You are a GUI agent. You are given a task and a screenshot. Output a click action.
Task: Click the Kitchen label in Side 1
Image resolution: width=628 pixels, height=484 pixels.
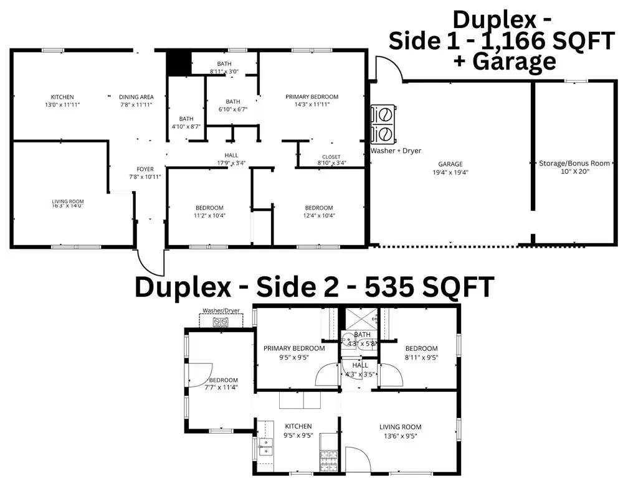click(x=62, y=101)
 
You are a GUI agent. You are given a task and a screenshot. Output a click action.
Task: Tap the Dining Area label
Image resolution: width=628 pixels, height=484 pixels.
click(x=136, y=101)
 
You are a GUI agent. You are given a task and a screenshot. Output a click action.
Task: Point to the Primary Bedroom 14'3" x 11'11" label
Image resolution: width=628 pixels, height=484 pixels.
click(x=312, y=101)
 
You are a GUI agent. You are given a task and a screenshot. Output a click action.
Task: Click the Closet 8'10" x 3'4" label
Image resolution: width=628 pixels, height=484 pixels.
click(x=331, y=160)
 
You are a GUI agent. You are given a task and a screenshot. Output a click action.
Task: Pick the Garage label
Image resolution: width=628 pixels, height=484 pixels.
click(x=450, y=168)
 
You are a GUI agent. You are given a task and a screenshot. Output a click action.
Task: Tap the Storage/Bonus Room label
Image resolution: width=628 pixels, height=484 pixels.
click(x=574, y=167)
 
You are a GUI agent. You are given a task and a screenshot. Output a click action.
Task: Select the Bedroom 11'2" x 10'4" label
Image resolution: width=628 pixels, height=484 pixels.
click(x=209, y=212)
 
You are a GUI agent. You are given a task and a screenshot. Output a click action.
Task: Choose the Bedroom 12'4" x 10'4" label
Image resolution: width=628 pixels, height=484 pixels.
click(x=318, y=212)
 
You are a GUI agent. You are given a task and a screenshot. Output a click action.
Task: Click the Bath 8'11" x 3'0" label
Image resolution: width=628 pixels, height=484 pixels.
click(x=224, y=68)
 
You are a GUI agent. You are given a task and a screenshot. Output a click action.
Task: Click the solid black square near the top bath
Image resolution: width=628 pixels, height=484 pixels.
click(x=178, y=63)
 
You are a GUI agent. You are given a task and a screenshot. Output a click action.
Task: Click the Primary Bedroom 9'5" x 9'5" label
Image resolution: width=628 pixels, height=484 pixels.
click(x=294, y=352)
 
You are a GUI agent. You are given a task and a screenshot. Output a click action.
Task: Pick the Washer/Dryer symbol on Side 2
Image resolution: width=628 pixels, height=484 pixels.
click(x=219, y=322)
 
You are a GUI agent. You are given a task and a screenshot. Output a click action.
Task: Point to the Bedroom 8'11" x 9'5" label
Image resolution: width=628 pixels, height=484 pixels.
click(x=421, y=353)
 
